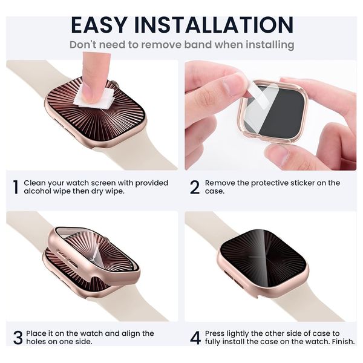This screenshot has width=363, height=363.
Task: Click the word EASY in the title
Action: tap(99, 25)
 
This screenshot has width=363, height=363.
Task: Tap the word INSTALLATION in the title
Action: tap(214, 25)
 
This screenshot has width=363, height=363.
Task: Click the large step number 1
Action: tap(16, 187)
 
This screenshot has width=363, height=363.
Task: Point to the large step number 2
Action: tap(195, 187)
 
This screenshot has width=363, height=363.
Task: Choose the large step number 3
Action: tap(18, 338)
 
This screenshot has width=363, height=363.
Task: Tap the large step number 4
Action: tap(195, 338)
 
